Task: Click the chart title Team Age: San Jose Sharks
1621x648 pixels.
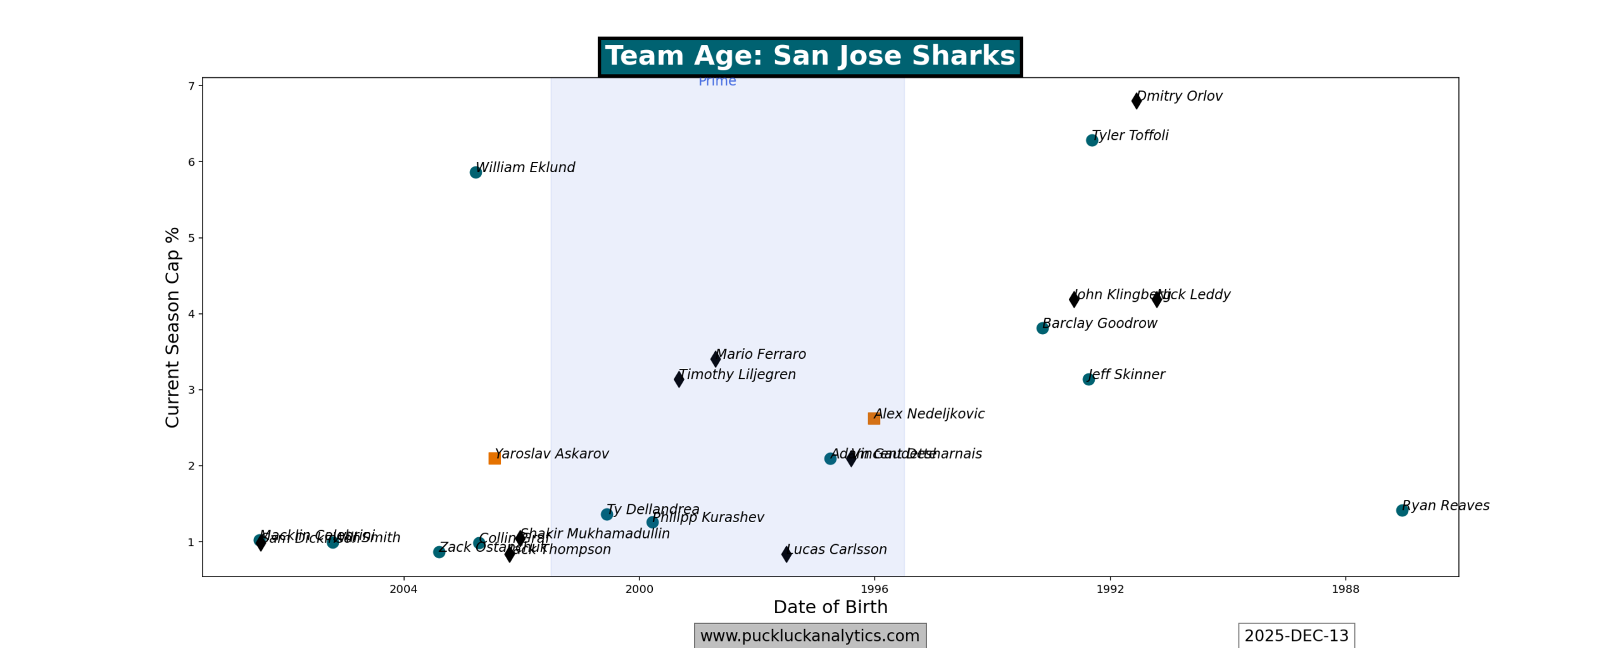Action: [x=809, y=56]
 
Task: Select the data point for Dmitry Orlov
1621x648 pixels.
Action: [x=1136, y=100]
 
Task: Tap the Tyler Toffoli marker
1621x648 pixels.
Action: [x=1092, y=140]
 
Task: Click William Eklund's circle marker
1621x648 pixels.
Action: [x=476, y=172]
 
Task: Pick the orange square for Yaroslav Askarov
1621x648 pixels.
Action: [x=495, y=458]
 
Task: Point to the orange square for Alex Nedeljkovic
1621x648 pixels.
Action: [x=873, y=418]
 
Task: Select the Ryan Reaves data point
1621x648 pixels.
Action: [x=1402, y=510]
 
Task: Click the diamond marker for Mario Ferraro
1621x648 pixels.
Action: [x=716, y=359]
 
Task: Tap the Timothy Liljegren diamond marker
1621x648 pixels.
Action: [x=679, y=379]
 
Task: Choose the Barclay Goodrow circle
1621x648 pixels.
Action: [x=1042, y=328]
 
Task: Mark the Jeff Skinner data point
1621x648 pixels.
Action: [x=1088, y=379]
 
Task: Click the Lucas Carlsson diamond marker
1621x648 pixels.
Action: [x=786, y=554]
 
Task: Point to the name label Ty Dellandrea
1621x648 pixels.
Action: [x=653, y=509]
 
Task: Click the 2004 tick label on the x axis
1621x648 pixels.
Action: [x=403, y=589]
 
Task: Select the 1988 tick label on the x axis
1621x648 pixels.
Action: [x=1345, y=589]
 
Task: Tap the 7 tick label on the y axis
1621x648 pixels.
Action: [x=191, y=86]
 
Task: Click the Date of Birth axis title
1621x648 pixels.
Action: [x=830, y=607]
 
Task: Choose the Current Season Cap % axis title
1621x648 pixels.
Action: [x=172, y=327]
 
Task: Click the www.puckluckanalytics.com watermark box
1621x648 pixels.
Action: [x=810, y=635]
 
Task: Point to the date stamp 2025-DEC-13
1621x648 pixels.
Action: [x=1296, y=635]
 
